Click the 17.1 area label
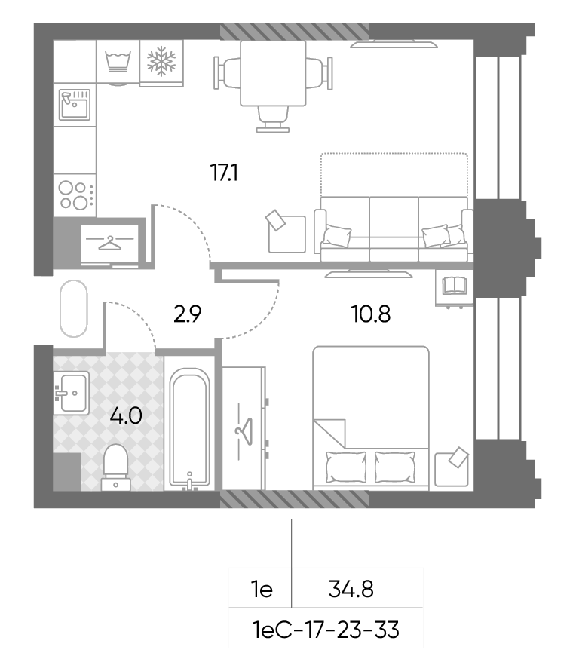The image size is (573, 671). [x=224, y=173]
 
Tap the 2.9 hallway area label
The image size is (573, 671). [x=188, y=314]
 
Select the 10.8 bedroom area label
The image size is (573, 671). [x=371, y=314]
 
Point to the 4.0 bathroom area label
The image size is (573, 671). [x=126, y=415]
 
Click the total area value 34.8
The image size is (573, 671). [x=351, y=590]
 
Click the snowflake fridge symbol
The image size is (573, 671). [x=161, y=61]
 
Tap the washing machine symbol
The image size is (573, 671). [x=118, y=62]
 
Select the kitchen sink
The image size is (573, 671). [x=75, y=104]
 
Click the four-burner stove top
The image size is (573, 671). [x=75, y=195]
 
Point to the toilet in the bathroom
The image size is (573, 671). [x=115, y=467]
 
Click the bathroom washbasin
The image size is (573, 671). [x=72, y=392]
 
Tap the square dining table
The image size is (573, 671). [x=273, y=73]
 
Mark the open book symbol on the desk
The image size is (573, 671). [x=455, y=286]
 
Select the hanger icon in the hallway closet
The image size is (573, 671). [x=110, y=244]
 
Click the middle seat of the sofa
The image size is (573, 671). [x=394, y=229]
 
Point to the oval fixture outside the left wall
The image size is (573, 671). [x=74, y=308]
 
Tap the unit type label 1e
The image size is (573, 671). [x=262, y=590]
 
